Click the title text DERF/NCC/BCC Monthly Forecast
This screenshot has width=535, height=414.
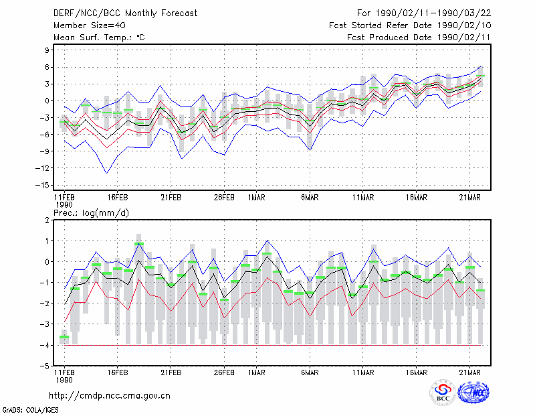pos(125,13)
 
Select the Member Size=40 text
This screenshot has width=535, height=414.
pos(90,25)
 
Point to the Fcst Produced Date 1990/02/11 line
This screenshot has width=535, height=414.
pos(419,38)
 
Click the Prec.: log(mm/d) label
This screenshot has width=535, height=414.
pos(91,213)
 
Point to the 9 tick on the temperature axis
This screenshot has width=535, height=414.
pos(47,50)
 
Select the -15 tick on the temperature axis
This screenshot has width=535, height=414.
pos(42,186)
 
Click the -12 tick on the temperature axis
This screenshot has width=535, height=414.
pos(42,168)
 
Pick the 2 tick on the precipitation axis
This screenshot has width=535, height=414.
pos(47,220)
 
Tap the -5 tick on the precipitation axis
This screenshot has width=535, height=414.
pos(45,366)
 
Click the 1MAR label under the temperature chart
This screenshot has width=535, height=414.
pos(257,198)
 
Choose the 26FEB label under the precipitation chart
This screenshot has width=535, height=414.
pos(224,372)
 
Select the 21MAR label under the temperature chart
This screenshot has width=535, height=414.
pos(470,198)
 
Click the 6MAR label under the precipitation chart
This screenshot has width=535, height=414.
pos(310,372)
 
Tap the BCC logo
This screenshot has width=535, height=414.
pos(443,392)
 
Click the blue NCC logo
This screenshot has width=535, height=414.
pos(473,393)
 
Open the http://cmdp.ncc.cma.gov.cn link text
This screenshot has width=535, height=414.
pos(110,396)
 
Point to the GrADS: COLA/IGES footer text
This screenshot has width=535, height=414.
pos(30,410)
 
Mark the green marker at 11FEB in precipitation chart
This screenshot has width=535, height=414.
pos(64,337)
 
